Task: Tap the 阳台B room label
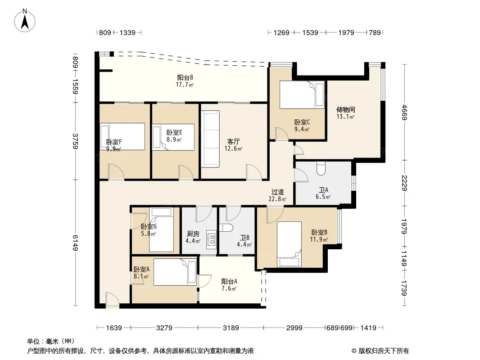point(185,78)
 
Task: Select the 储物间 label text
point(346,109)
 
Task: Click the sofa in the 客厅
point(210,139)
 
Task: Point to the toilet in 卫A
point(321,169)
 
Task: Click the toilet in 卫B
point(226,228)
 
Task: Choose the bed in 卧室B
point(289,244)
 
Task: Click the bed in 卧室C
point(302,95)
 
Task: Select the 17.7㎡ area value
point(185,85)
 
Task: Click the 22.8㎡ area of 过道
point(277,199)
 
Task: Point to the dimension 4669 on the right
point(405,112)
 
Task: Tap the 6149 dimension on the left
point(76,243)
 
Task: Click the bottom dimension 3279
point(164,328)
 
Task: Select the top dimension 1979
point(346,32)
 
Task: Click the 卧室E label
point(174,132)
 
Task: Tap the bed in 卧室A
point(175,272)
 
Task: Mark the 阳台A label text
point(229,281)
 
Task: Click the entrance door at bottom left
point(112,300)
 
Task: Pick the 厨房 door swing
point(204,214)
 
